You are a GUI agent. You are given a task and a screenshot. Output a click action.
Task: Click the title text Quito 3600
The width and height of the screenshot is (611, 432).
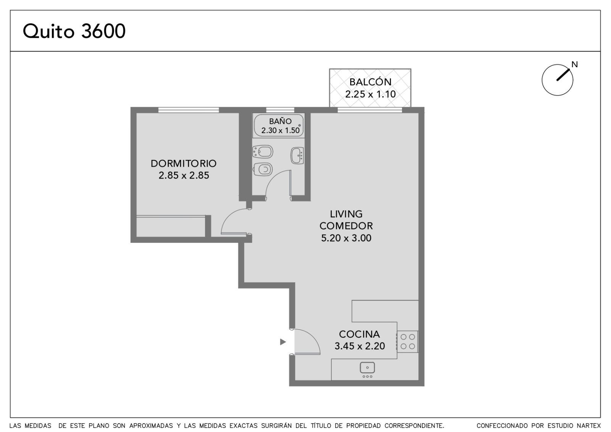(74, 31)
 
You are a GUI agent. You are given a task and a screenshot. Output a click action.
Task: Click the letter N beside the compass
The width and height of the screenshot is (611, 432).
(575, 65)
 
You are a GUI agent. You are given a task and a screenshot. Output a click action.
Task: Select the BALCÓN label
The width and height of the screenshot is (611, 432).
(370, 82)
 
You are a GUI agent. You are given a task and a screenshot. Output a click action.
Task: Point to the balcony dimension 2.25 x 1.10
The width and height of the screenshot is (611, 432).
(370, 94)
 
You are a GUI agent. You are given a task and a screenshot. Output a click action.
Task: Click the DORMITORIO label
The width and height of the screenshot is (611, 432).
(184, 163)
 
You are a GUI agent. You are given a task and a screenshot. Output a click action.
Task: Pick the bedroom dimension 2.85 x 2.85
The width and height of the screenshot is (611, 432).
(184, 175)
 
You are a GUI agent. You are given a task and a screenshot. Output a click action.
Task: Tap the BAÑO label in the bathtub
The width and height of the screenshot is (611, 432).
(280, 121)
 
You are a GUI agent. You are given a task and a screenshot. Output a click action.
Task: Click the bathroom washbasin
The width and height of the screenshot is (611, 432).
(297, 156)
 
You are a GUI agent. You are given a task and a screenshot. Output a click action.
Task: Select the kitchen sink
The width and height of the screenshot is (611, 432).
(367, 368)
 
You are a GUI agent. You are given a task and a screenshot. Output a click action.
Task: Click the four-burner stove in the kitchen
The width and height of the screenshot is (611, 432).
(407, 342)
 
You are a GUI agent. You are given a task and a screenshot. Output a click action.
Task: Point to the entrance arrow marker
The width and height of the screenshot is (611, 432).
(283, 342)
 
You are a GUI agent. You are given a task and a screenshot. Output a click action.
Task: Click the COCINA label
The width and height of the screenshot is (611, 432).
(359, 334)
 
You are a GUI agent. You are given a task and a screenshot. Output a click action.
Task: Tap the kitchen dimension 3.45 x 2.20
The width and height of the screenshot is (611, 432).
(359, 346)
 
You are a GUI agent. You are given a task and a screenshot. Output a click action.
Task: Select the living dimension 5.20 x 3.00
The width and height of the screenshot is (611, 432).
(346, 238)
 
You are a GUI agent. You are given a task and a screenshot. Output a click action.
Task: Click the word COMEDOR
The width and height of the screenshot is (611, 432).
(346, 226)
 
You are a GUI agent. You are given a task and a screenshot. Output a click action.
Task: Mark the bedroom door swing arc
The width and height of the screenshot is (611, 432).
(229, 215)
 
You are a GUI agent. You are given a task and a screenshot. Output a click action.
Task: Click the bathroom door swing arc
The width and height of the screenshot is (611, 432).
(272, 177)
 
